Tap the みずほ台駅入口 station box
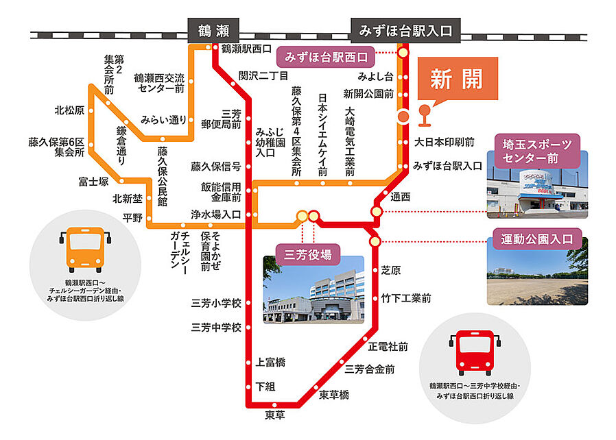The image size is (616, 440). click(405, 30)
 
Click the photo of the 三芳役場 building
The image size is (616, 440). click(313, 289)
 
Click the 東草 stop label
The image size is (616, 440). click(275, 415)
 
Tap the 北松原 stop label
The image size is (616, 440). click(70, 110)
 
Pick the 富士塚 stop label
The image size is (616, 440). click(93, 182)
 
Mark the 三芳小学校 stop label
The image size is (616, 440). click(216, 303)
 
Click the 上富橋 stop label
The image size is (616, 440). click(270, 361)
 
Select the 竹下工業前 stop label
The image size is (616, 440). click(406, 298)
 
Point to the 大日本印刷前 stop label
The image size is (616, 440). click(445, 143)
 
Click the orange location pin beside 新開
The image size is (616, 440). click(424, 115)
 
